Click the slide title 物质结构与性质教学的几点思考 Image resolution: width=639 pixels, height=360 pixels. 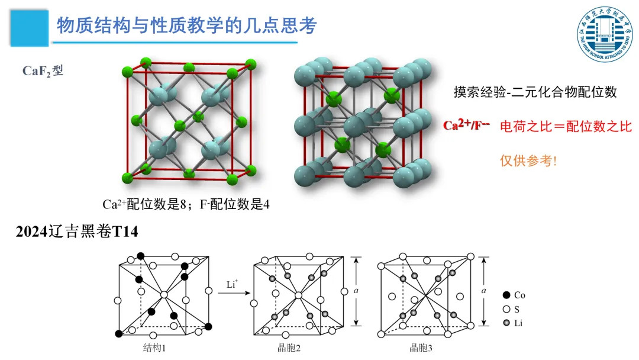tap(186, 25)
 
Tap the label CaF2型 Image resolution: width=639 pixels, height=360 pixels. tap(43, 71)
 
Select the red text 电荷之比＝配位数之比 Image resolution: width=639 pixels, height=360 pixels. tap(566, 126)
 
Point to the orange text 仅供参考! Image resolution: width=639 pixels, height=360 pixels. tap(528, 160)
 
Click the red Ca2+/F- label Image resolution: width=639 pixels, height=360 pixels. tap(467, 126)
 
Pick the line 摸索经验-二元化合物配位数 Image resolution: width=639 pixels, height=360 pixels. tap(535, 92)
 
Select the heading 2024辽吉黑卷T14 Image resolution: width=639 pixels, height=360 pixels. tap(77, 232)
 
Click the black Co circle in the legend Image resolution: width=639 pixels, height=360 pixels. tap(506, 295)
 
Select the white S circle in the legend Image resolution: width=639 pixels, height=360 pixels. tap(506, 308)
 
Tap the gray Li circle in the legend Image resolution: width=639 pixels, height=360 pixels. tap(506, 323)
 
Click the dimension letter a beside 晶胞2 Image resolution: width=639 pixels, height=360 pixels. tap(355, 291)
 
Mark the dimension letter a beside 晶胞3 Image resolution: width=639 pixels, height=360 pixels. tap(485, 291)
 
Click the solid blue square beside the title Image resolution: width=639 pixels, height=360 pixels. tap(30, 27)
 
